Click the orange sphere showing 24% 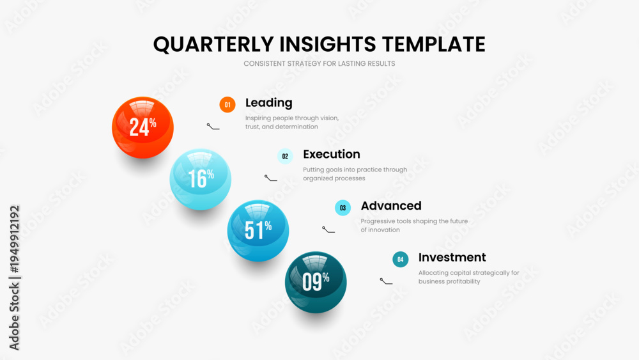click(142, 127)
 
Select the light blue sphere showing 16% click(200, 179)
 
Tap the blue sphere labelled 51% click(258, 231)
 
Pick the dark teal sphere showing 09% click(316, 282)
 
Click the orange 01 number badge click(227, 105)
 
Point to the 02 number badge click(285, 156)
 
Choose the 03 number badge click(343, 208)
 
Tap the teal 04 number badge click(400, 260)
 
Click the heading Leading click(268, 103)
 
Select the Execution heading click(331, 154)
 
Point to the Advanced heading click(391, 205)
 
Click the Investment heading click(452, 257)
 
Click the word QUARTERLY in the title click(213, 44)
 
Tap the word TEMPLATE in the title click(434, 44)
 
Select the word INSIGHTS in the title click(328, 44)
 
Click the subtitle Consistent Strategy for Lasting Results click(319, 63)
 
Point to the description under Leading click(292, 122)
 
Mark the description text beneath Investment click(468, 277)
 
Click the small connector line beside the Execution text click(270, 178)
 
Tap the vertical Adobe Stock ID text click(14, 278)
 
